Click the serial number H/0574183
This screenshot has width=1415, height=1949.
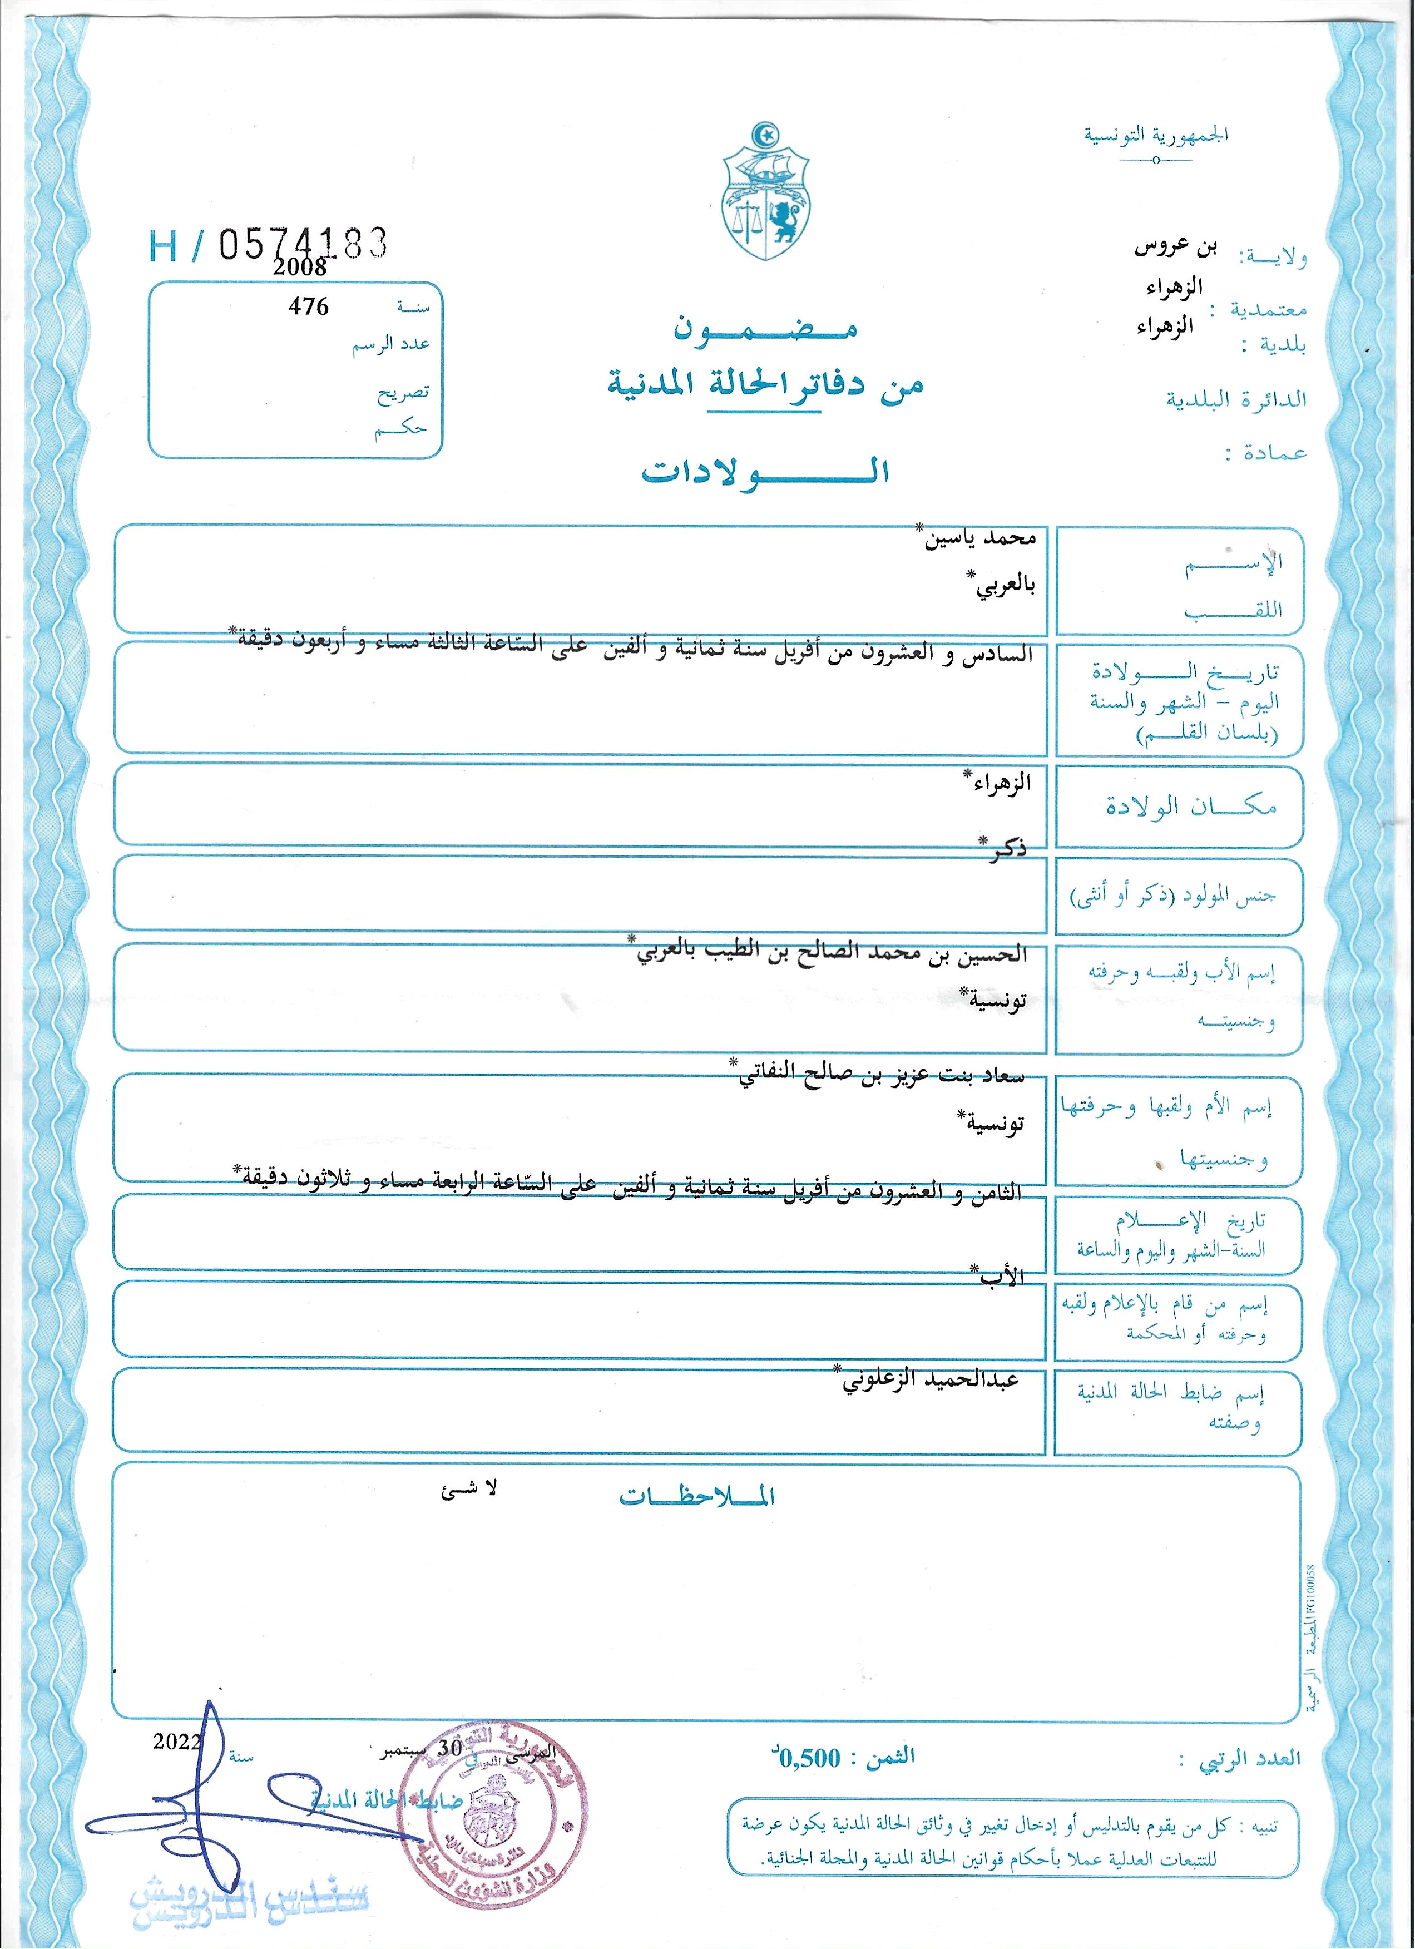click(268, 246)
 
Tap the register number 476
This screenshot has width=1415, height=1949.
click(309, 307)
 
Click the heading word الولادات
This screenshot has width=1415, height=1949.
click(765, 471)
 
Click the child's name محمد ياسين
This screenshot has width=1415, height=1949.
click(979, 540)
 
